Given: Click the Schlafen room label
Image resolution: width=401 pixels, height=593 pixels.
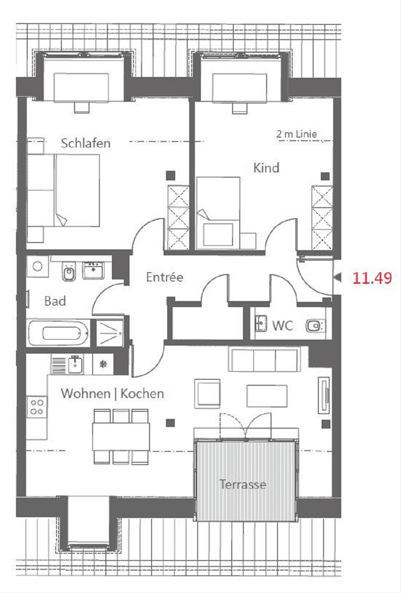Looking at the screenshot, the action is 86,143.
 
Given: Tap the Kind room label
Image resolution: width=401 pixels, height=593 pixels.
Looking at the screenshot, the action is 266,168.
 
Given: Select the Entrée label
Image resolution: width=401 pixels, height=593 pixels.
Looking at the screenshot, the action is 165,277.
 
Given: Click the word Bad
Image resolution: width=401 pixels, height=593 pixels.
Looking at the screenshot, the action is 55,301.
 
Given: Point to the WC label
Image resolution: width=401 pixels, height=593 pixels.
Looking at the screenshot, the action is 283,325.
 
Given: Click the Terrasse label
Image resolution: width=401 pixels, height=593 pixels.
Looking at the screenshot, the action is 243,484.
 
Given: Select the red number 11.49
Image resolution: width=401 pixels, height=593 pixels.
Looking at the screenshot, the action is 372,278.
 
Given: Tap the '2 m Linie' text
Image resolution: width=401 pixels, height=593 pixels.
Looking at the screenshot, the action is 296,134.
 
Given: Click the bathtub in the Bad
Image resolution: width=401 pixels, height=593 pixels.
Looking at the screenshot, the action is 59,333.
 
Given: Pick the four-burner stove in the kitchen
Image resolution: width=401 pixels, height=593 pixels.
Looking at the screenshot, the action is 37,407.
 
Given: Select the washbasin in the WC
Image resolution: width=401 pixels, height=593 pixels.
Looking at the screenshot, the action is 261,323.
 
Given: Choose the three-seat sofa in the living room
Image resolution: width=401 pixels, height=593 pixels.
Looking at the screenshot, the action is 263,359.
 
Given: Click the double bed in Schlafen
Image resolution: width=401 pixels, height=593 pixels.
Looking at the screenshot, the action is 64,190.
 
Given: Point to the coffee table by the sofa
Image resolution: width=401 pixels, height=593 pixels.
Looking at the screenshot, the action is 267,396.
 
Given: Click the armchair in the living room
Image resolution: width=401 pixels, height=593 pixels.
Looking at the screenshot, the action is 208,394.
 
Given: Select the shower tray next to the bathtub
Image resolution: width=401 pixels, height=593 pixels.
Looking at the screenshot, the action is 110,333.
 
